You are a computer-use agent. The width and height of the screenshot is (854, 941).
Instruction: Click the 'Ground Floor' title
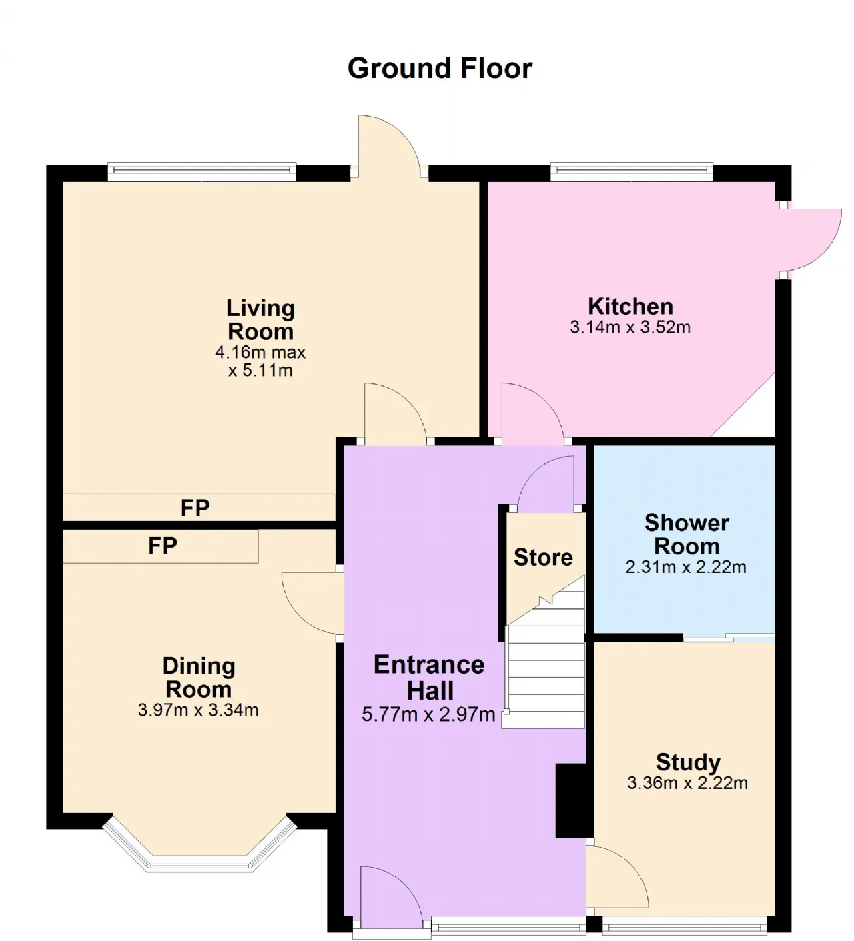tap(440, 69)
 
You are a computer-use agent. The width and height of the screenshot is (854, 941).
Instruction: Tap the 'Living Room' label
tap(261, 320)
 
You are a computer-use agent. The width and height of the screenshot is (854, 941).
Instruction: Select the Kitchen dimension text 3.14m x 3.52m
tap(630, 327)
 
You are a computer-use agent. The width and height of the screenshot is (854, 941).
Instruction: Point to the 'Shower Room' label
tap(687, 534)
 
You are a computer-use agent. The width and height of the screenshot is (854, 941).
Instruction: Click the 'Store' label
tap(543, 558)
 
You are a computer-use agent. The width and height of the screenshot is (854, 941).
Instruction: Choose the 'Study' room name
tap(688, 762)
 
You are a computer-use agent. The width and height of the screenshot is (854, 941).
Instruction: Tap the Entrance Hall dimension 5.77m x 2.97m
tap(428, 714)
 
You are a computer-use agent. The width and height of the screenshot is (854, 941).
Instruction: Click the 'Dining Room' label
tap(199, 678)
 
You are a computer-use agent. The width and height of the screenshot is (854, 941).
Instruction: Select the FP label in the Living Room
tap(195, 508)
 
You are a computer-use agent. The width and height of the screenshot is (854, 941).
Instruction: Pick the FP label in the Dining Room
tap(162, 546)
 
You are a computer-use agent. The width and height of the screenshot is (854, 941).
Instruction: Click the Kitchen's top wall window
tap(631, 171)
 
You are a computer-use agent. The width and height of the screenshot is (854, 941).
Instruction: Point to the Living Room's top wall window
tap(202, 171)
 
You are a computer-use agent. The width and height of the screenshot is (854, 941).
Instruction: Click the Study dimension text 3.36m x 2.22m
tap(687, 783)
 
